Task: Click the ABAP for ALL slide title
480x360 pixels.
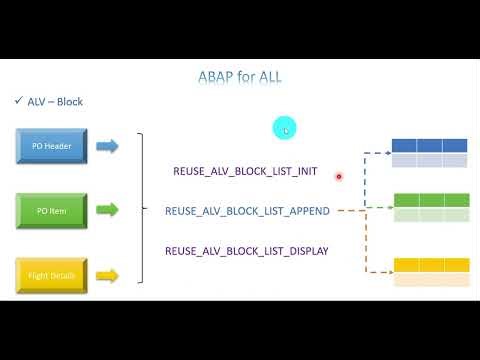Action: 240,76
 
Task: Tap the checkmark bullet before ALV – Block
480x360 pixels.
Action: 19,102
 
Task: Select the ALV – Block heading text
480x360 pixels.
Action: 55,102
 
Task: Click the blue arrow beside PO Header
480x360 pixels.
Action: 107,146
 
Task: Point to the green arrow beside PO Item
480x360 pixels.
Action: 107,210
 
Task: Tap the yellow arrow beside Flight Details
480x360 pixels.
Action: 107,275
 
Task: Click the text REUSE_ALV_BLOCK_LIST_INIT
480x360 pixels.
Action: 245,171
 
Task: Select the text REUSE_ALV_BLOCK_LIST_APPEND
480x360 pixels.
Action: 247,211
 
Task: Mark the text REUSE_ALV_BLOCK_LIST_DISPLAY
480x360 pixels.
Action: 246,250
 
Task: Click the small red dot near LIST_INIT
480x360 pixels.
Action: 339,176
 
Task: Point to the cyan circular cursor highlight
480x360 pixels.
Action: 285,128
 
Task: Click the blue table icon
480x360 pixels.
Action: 429,152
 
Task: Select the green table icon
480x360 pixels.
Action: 429,207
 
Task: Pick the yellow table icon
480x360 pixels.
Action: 429,272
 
